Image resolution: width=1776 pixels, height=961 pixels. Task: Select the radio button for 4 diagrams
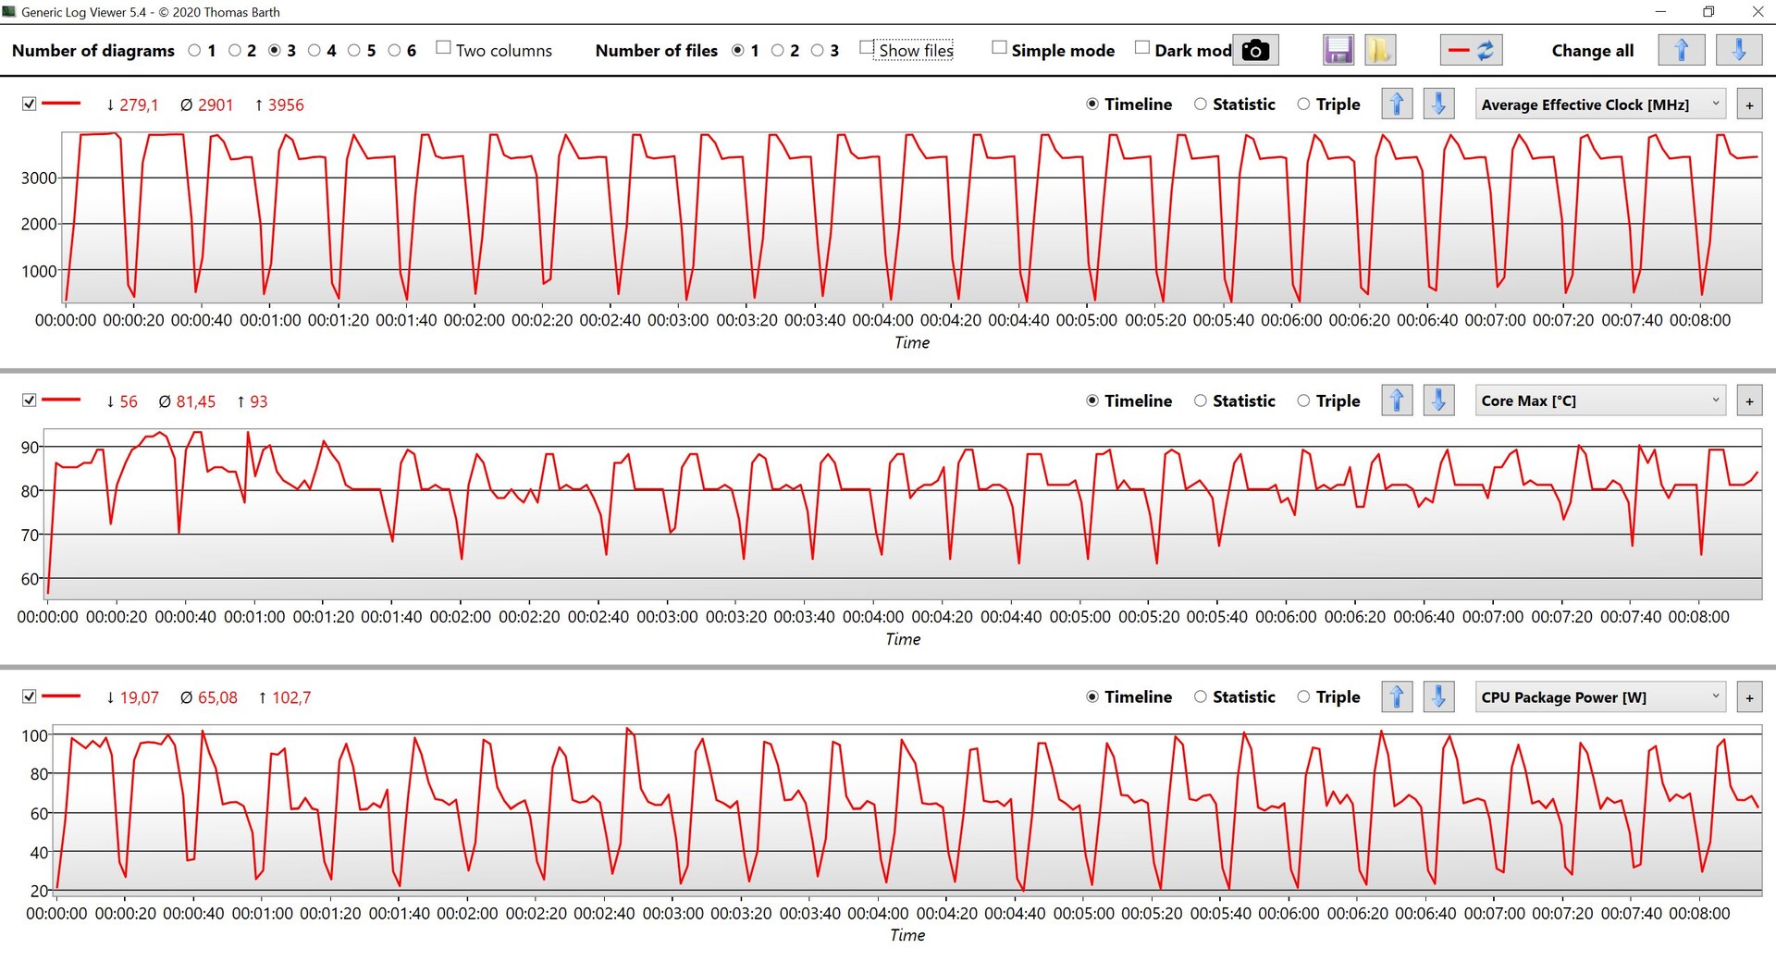pos(314,51)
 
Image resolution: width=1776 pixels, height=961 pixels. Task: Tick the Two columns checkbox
pos(444,48)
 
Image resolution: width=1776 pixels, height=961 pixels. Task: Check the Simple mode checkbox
pos(999,48)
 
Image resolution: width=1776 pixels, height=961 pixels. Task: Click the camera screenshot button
pos(1255,50)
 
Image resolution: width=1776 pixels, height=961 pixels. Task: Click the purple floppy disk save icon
pos(1338,50)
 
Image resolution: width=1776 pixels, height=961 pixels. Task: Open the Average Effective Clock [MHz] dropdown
pos(1600,105)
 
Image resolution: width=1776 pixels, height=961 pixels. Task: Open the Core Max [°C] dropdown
pos(1600,400)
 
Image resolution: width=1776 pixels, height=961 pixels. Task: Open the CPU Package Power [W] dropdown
pos(1600,697)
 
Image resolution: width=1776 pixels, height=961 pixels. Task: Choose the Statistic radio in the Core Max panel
pos(1201,400)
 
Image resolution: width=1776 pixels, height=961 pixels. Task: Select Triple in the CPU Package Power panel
pos(1303,697)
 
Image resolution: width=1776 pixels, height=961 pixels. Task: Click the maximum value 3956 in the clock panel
pos(286,105)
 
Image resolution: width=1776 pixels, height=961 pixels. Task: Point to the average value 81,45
pos(195,402)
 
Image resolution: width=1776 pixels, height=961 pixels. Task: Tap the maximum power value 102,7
pos(291,698)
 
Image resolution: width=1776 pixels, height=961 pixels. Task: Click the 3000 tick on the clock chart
pos(39,179)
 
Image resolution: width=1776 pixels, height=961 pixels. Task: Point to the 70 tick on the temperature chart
pos(31,536)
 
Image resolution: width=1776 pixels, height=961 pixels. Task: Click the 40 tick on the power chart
pos(39,853)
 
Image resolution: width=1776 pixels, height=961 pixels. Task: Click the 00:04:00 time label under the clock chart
pos(882,321)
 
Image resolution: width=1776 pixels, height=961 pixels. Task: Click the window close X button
pos(1757,12)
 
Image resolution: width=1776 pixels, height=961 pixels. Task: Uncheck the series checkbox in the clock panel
pos(30,105)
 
